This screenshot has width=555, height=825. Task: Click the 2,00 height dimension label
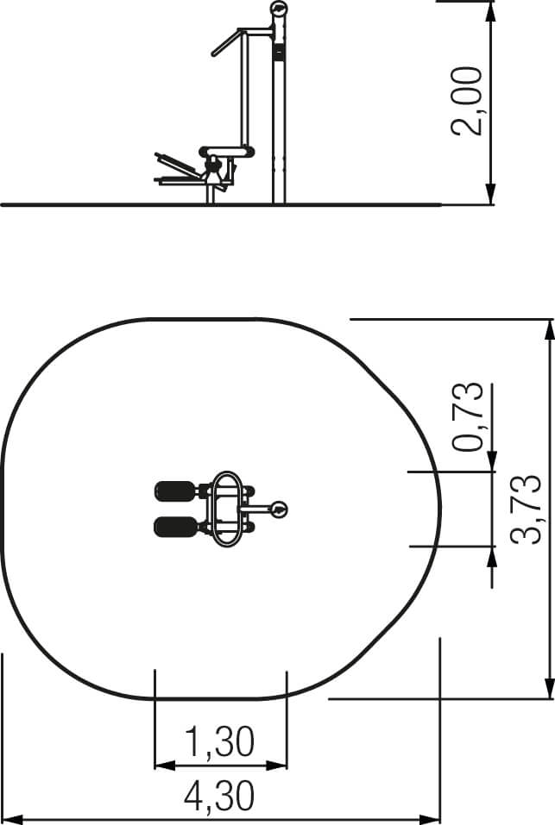467,102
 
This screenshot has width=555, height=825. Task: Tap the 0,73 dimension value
468,416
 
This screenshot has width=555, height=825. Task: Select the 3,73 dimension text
526,509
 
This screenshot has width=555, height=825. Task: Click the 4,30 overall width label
219,797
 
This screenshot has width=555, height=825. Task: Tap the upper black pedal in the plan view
175,492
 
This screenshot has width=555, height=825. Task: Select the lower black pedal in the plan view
175,528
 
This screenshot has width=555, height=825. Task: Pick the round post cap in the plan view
279,509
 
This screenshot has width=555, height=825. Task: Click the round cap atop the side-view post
279,9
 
